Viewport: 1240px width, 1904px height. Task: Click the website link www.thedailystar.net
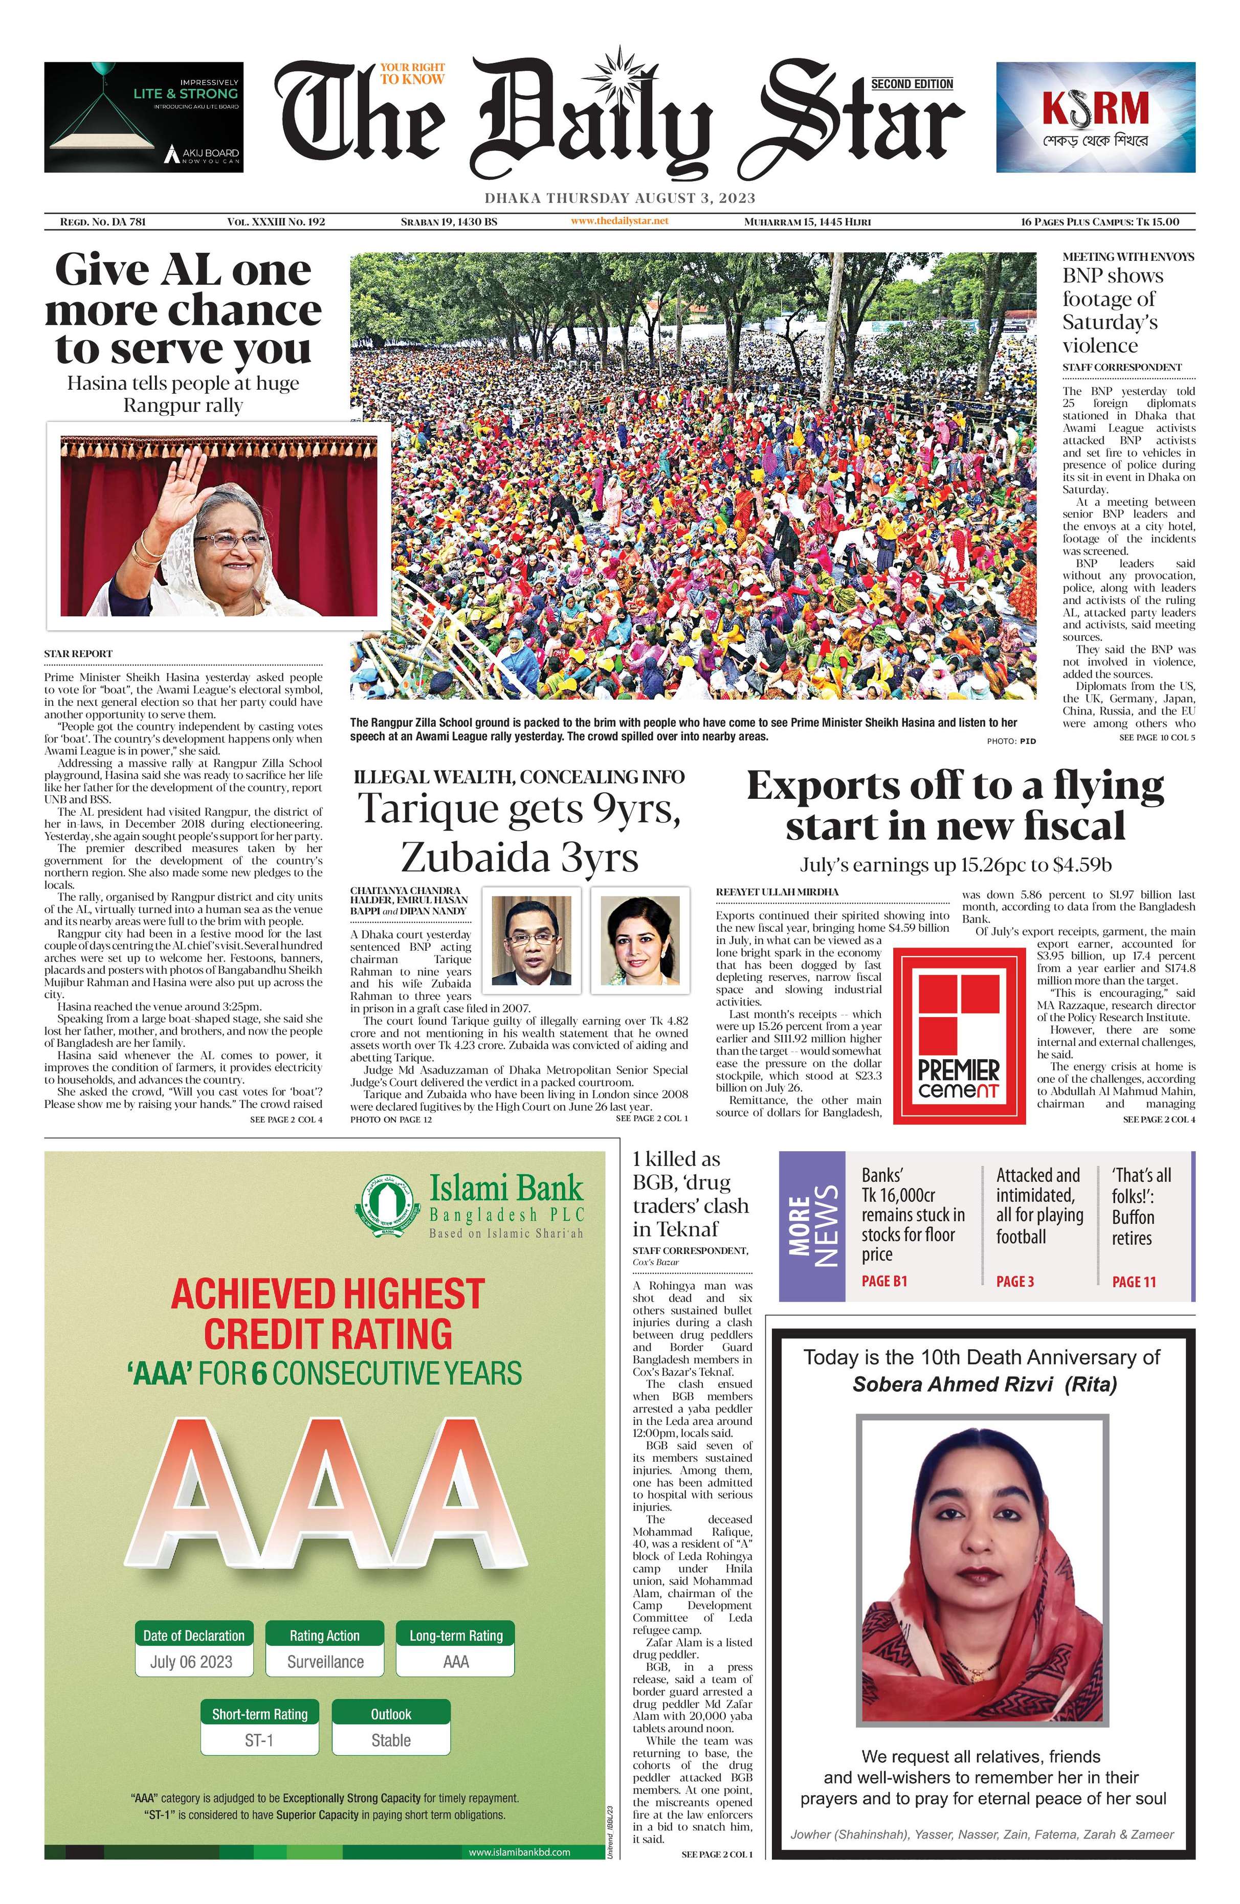(x=619, y=221)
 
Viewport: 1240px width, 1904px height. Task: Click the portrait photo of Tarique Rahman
(x=531, y=935)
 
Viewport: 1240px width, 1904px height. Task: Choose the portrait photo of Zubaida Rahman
(x=640, y=935)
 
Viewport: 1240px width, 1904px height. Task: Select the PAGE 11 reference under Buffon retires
(x=1134, y=1282)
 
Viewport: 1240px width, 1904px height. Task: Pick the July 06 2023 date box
(x=191, y=1662)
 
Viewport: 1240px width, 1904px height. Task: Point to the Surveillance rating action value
(x=325, y=1662)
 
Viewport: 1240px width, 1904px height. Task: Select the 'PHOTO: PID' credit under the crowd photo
(x=1010, y=741)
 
